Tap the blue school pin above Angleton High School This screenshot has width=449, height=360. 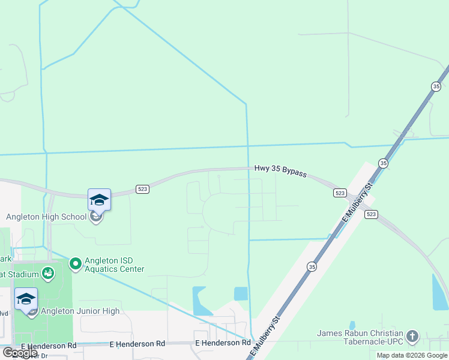point(99,200)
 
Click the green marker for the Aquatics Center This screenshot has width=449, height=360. point(76,263)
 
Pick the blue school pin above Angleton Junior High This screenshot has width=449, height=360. point(26,299)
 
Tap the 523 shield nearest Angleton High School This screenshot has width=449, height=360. point(142,189)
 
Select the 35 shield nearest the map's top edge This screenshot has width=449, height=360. point(436,86)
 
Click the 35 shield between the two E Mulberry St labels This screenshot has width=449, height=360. point(311,266)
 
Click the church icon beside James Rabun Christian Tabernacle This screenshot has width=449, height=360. point(412,336)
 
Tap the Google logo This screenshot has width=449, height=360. point(19,353)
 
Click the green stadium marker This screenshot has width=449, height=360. point(48,275)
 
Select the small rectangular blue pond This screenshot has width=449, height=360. point(241,293)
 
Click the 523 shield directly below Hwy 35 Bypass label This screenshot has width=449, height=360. point(340,193)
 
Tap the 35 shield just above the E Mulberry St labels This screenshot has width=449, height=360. point(383,163)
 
